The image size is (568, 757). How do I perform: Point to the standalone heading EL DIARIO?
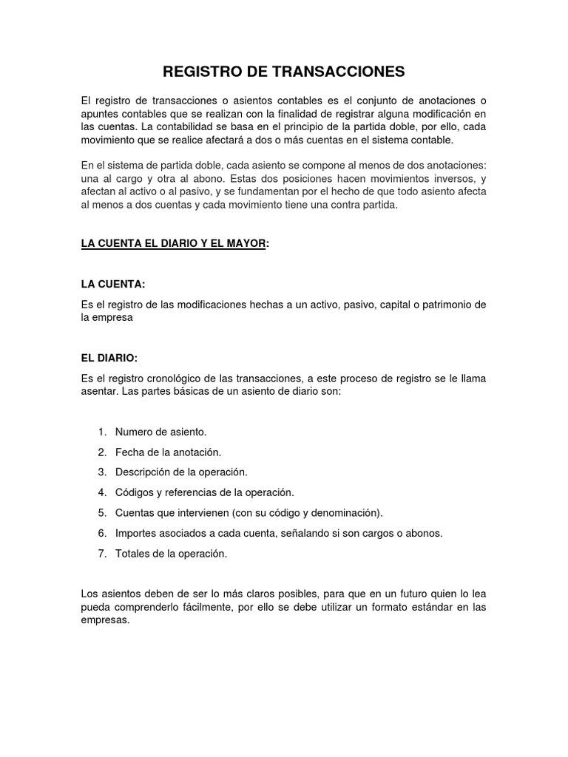(x=109, y=357)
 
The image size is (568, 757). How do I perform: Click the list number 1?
(x=101, y=431)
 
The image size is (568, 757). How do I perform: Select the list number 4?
(x=101, y=492)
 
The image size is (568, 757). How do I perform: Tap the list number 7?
(x=101, y=552)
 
